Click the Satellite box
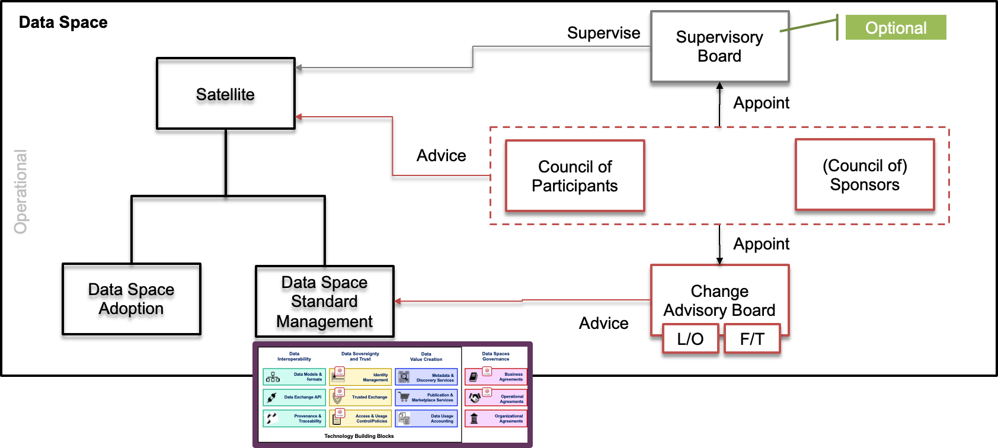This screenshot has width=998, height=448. pos(225,94)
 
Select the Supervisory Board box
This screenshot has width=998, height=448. pos(719,46)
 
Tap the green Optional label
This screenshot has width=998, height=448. pos(895,28)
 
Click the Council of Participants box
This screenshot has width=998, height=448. pos(574,176)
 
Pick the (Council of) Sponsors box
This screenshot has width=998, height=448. pos(864,175)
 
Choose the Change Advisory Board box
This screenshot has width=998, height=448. pos(719,296)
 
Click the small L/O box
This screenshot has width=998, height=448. pos(690,339)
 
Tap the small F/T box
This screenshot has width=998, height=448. pos(752,339)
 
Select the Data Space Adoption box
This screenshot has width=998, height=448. pos(131,299)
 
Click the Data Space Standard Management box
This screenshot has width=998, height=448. pos(324,301)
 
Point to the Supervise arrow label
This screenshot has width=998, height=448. pos(603,33)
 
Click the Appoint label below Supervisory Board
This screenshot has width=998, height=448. pos(761,103)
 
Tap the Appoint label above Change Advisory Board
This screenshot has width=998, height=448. pos(761,244)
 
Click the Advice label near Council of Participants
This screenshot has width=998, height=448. pos(441,156)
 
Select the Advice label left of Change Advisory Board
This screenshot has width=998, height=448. pos(603,324)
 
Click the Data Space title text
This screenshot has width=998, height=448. pos(63,23)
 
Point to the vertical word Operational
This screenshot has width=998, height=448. pos(21,191)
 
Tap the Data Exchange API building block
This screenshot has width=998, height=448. pos(294,397)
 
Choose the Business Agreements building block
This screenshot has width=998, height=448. pos(496,377)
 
